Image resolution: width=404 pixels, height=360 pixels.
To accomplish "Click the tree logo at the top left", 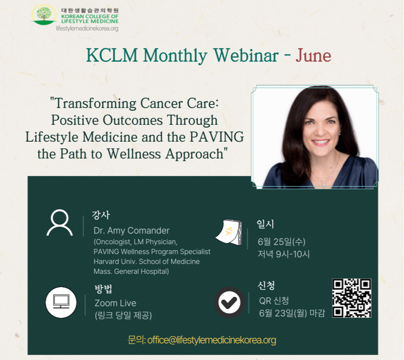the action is (x=44, y=15).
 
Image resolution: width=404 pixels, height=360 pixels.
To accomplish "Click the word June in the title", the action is (x=313, y=55).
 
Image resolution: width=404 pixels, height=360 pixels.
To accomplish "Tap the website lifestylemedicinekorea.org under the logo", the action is (x=87, y=29).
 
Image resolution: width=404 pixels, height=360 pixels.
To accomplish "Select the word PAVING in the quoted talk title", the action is (x=217, y=137).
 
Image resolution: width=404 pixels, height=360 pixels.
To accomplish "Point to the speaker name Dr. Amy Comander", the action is (x=131, y=231).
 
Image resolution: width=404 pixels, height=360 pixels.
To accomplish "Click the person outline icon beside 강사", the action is (x=59, y=222).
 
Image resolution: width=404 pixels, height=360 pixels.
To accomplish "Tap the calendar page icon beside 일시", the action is (x=229, y=232).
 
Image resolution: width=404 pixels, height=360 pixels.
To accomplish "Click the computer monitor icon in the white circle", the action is (x=61, y=302).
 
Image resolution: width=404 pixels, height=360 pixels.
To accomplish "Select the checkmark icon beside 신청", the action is (x=229, y=302).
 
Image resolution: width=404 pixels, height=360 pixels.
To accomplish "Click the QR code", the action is (x=352, y=298).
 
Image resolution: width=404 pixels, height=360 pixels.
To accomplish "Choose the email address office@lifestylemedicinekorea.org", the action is (x=212, y=340).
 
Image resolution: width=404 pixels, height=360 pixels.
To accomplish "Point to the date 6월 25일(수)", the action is (x=282, y=242).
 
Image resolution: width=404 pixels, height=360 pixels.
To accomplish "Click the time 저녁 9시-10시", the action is (x=283, y=254).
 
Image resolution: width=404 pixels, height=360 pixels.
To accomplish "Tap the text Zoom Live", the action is (x=115, y=303).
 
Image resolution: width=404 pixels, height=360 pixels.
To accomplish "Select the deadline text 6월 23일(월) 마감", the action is (x=292, y=313).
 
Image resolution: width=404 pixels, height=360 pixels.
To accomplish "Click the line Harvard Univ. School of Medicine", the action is (x=146, y=261).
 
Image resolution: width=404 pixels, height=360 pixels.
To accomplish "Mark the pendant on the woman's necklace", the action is (x=324, y=184).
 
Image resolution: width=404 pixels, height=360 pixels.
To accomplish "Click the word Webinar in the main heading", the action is (x=246, y=55).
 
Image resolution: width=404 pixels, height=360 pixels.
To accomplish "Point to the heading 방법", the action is (x=103, y=289).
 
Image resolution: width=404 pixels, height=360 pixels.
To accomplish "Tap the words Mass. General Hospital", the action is (x=131, y=271).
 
